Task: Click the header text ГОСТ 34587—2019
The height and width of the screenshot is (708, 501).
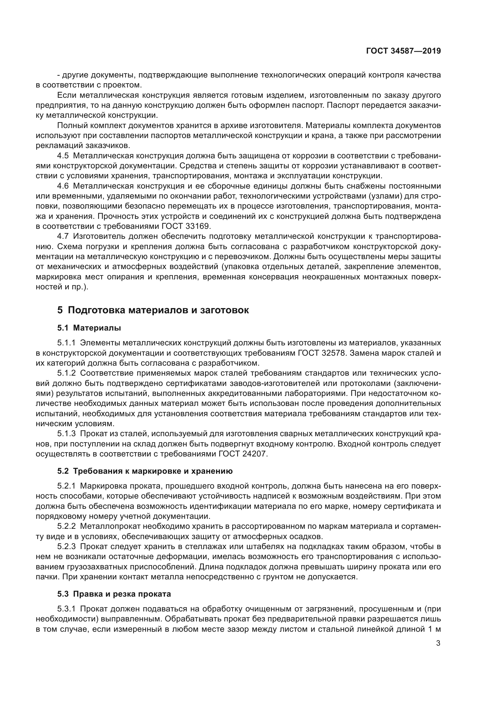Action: pyautogui.click(x=403, y=51)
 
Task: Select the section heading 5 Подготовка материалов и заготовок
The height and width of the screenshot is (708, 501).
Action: pyautogui.click(x=153, y=310)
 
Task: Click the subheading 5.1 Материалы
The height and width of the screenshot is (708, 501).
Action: pyautogui.click(x=89, y=328)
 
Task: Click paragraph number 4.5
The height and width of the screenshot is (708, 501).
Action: pyautogui.click(x=63, y=156)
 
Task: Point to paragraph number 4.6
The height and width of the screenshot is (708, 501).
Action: pyautogui.click(x=63, y=186)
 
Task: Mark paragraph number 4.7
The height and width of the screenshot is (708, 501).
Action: pyautogui.click(x=63, y=236)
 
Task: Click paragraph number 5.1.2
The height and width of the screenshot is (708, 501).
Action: pyautogui.click(x=66, y=373)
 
